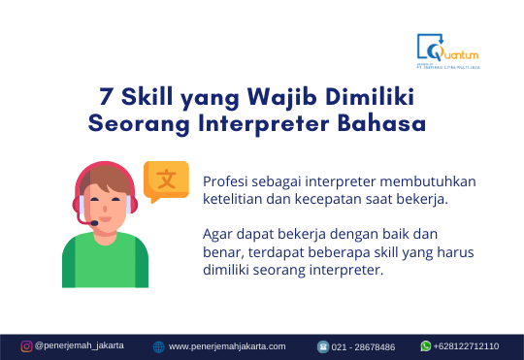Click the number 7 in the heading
pyautogui.click(x=105, y=97)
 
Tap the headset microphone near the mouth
pyautogui.click(x=95, y=223)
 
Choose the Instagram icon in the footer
pyautogui.click(x=26, y=345)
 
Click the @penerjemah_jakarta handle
pyautogui.click(x=79, y=345)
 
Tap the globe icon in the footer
pyautogui.click(x=158, y=346)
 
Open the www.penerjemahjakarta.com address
pyautogui.click(x=227, y=346)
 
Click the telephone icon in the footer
pyautogui.click(x=323, y=346)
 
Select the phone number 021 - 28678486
pyautogui.click(x=364, y=346)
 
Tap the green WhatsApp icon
pyautogui.click(x=425, y=345)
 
